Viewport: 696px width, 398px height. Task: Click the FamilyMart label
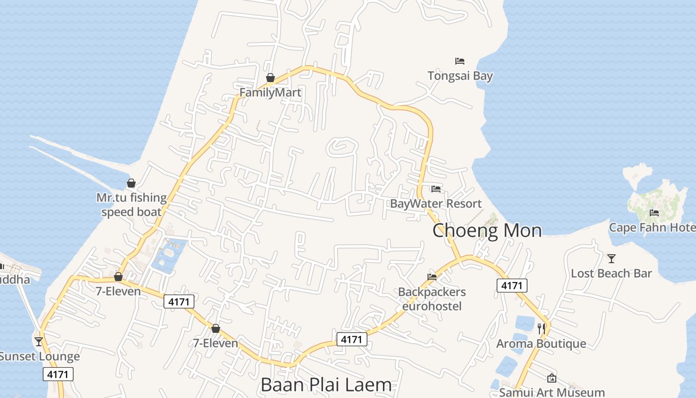tap(270, 93)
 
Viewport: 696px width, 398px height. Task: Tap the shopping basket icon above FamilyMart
tap(270, 78)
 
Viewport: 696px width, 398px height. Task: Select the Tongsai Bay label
tap(460, 76)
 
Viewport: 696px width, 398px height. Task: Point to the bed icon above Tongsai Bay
tap(460, 61)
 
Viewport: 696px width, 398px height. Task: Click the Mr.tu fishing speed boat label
tap(131, 204)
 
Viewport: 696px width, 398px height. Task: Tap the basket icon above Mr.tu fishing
tap(131, 183)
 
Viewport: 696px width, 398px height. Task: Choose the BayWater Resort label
tap(435, 203)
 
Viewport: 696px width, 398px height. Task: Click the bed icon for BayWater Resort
tap(436, 189)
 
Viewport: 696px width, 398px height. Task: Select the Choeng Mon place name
tap(487, 231)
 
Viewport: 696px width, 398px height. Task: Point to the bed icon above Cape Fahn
tap(654, 213)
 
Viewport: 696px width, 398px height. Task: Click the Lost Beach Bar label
tap(611, 273)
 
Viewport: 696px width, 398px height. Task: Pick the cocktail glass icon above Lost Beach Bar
tap(611, 259)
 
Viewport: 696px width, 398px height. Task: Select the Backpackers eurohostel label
tap(432, 299)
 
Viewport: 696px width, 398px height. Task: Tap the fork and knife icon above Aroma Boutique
tap(541, 328)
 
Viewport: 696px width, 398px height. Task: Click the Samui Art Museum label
tap(552, 392)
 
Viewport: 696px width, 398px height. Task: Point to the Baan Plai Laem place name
tap(326, 385)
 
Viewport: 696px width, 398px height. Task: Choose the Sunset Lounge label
tap(39, 356)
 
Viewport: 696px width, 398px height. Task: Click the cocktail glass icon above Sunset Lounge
tap(39, 341)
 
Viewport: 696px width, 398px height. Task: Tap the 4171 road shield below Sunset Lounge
tap(58, 374)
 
